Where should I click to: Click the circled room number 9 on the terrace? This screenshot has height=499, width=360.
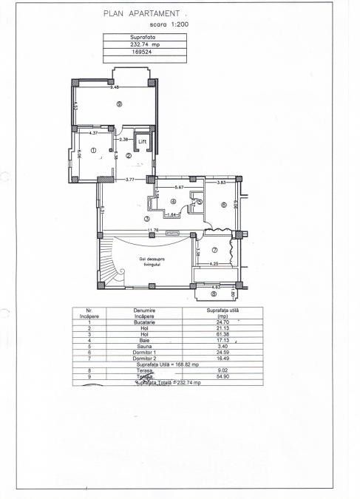[118, 105]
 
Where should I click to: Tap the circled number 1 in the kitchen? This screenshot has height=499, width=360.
[94, 150]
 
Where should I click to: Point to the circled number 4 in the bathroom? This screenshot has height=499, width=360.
[172, 201]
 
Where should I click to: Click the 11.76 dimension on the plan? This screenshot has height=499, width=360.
[153, 230]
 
